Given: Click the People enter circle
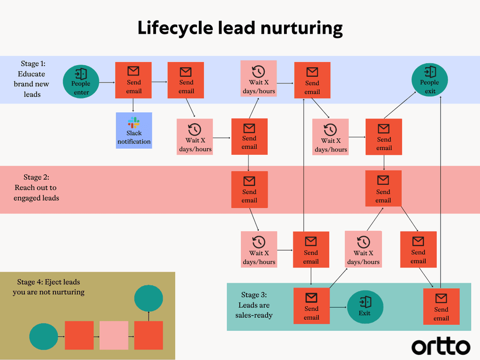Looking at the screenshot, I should click(x=81, y=82).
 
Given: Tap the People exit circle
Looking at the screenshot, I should click(x=430, y=80).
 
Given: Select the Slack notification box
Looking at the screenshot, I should click(x=134, y=130).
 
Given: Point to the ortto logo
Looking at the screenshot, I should click(x=441, y=347).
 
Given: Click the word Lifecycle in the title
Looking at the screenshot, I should click(x=174, y=28).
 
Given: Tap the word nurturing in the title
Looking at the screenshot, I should click(x=301, y=28).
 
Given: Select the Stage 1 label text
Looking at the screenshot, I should click(x=32, y=79).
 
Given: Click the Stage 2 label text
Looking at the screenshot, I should click(x=37, y=187).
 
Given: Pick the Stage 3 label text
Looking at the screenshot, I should click(x=254, y=305).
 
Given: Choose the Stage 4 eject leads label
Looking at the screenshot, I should click(x=49, y=287).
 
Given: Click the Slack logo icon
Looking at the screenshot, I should click(x=134, y=122).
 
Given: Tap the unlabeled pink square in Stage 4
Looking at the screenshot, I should click(x=113, y=335).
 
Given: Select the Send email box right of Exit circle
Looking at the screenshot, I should click(x=441, y=307).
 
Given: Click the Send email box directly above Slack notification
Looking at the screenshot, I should click(x=134, y=80).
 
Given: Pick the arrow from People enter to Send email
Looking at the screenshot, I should click(x=107, y=82).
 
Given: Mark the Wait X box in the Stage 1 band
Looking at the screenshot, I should click(x=259, y=79).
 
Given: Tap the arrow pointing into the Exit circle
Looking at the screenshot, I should click(x=338, y=307).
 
